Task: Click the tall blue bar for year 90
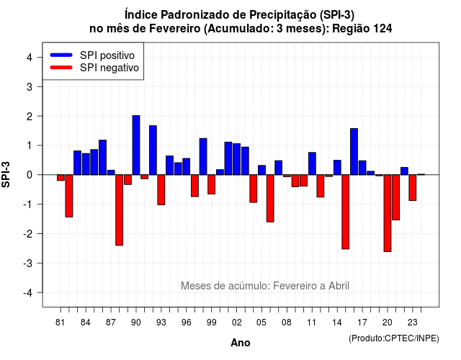click(136, 145)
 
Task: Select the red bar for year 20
click(388, 213)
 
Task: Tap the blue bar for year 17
click(362, 168)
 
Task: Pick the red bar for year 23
click(413, 187)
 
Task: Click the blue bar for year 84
click(86, 164)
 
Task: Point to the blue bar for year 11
click(312, 163)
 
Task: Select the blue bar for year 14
click(337, 168)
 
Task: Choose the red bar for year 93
click(161, 190)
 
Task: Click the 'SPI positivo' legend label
click(107, 55)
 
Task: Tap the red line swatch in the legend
click(61, 68)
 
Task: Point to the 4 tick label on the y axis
click(30, 58)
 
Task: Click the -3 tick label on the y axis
click(27, 263)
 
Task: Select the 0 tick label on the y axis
click(30, 175)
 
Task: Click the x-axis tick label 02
click(236, 323)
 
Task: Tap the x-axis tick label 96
click(186, 323)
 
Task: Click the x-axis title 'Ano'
click(241, 343)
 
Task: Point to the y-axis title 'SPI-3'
click(6, 174)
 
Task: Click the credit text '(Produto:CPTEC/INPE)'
click(394, 338)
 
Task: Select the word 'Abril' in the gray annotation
click(339, 286)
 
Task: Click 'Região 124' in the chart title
click(362, 29)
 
